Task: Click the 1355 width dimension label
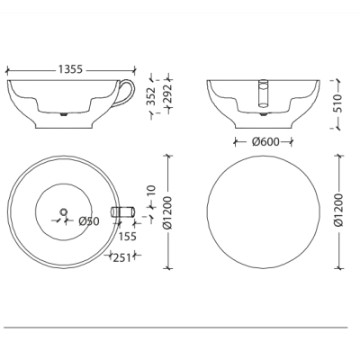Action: pyautogui.click(x=70, y=69)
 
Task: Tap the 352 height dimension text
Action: pyautogui.click(x=152, y=96)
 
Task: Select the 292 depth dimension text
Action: pyautogui.click(x=168, y=93)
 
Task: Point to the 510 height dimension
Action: pyautogui.click(x=338, y=103)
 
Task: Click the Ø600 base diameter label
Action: pyautogui.click(x=265, y=141)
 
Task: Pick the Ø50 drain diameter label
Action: pyautogui.click(x=89, y=221)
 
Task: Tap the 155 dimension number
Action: pyautogui.click(x=127, y=237)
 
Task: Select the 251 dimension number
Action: pyautogui.click(x=122, y=257)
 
